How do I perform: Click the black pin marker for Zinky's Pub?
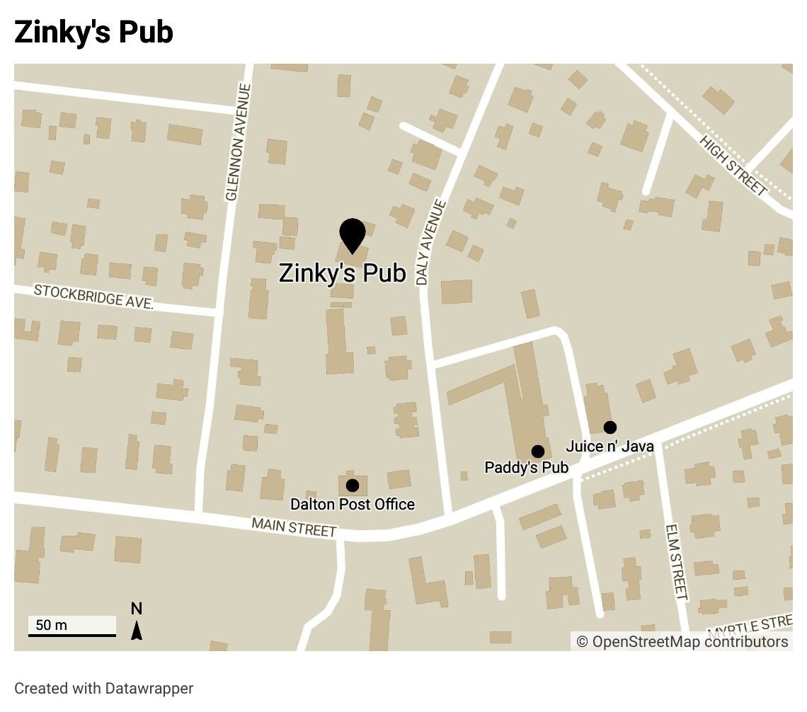point(352,234)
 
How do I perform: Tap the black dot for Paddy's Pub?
point(537,452)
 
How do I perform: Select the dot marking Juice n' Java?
point(609,427)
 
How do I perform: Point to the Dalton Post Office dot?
point(352,485)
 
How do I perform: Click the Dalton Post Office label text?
point(353,505)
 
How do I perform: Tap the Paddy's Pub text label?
point(526,468)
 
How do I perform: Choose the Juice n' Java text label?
point(609,447)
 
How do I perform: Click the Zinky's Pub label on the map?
point(343,273)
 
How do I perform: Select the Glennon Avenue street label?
point(237,142)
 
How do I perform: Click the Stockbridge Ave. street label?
point(94,297)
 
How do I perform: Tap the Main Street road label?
point(294,527)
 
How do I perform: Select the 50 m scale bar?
point(71,627)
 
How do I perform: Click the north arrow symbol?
point(137,622)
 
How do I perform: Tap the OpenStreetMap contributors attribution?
point(682,642)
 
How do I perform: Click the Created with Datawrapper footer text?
point(103,688)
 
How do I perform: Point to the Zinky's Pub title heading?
point(93,33)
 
